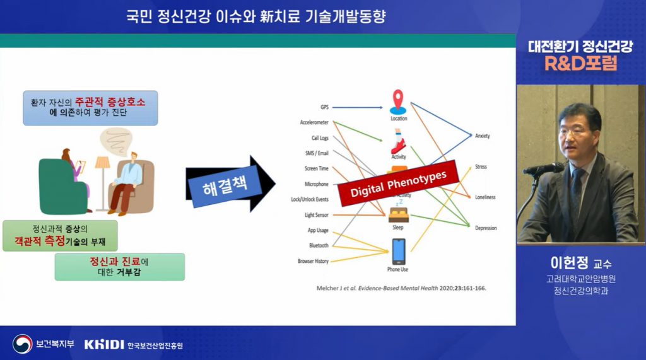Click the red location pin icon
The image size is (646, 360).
[x=398, y=102]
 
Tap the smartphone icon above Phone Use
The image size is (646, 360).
[x=398, y=252]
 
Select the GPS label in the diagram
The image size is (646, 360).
[x=324, y=108]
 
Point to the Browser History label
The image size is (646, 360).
[x=313, y=261]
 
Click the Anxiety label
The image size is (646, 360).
[x=482, y=136]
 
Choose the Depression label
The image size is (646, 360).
[x=486, y=228]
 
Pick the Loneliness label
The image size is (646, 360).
[x=485, y=197]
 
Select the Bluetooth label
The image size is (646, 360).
[x=318, y=245]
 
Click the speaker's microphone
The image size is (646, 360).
[x=543, y=168]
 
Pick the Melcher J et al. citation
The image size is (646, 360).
[x=401, y=288]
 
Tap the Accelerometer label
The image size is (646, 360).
[x=314, y=122]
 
